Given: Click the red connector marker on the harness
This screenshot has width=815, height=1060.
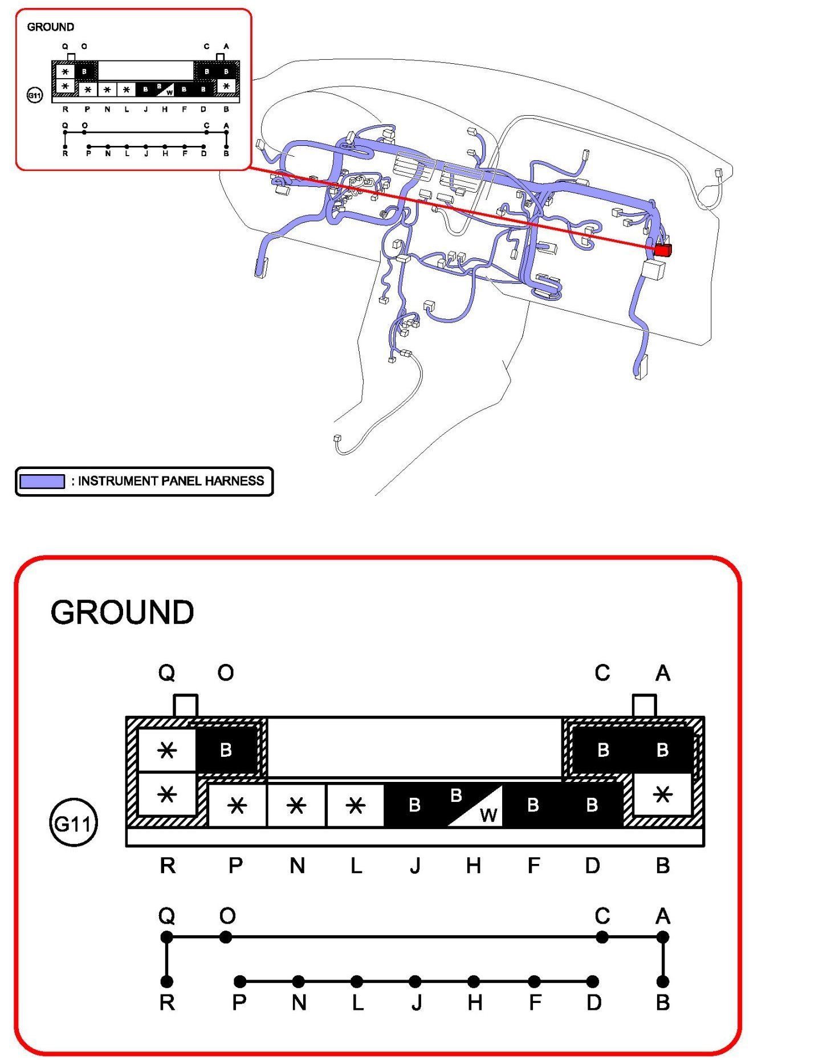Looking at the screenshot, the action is coord(662,250).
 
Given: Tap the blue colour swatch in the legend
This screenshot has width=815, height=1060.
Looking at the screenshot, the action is coord(42,481).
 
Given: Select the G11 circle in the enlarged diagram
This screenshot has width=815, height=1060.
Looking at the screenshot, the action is coord(74,823).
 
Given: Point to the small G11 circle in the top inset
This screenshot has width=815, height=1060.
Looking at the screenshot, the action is coord(35,95).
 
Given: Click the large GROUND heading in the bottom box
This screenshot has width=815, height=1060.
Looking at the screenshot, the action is coord(122,613).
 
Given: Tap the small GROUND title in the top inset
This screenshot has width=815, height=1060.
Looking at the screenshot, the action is coord(50,27).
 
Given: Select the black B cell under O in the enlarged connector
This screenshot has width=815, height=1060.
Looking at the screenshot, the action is coord(226,749).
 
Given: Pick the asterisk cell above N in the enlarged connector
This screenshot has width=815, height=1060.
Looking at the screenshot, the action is coord(296,805).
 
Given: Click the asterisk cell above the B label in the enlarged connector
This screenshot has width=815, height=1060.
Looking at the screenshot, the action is coord(662,794).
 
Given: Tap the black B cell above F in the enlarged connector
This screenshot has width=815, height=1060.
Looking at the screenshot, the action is coord(533,805).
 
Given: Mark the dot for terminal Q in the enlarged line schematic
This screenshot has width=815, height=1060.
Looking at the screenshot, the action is coord(166,937).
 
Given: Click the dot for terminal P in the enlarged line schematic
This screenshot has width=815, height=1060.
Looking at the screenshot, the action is coord(241,981).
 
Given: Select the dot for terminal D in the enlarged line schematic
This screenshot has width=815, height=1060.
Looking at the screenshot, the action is coord(593,981).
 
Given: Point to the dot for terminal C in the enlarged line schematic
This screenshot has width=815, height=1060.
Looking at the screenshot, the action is coord(602,937).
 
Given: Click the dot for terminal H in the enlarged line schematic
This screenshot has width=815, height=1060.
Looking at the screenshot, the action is coord(474,981).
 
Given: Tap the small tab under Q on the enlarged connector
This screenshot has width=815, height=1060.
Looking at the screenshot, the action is coord(185,706).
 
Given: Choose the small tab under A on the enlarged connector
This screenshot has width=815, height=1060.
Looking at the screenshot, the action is coord(645,706).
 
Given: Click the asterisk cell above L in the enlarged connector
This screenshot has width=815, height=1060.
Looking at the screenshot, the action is coord(355,805).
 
